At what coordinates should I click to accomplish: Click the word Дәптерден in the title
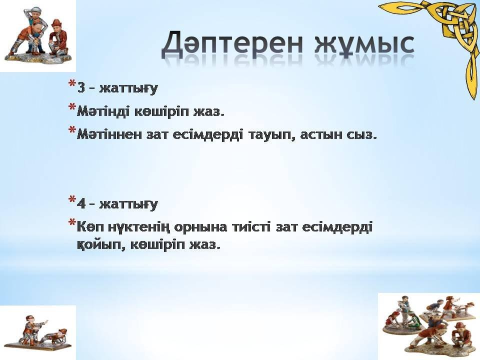pyautogui.click(x=232, y=43)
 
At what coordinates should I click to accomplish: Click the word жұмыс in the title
pyautogui.click(x=364, y=44)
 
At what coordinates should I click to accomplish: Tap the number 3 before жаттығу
pyautogui.click(x=81, y=88)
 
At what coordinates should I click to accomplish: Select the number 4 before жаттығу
pyautogui.click(x=81, y=203)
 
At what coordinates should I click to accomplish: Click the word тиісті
pyautogui.click(x=251, y=227)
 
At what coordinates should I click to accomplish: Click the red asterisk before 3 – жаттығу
pyautogui.click(x=72, y=84)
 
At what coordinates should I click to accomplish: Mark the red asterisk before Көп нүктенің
pyautogui.click(x=72, y=222)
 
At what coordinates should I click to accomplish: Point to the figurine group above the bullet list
pyautogui.click(x=38, y=35)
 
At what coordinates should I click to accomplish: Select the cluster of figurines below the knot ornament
pyautogui.click(x=429, y=325)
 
